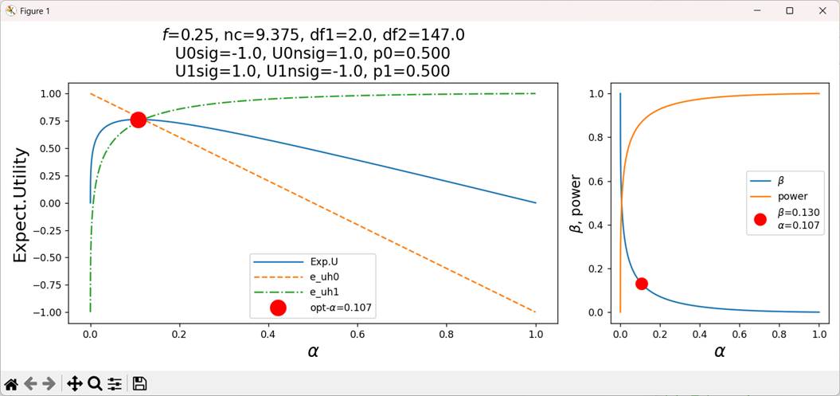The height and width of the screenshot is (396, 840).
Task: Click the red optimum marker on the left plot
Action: (138, 120)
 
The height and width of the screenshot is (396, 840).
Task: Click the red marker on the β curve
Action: (641, 284)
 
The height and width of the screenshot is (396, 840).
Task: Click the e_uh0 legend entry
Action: (326, 276)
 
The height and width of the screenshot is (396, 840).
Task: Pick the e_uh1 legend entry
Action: (326, 292)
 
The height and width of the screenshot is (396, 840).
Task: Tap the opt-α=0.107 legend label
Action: (341, 308)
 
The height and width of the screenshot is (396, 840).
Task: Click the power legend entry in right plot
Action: (791, 196)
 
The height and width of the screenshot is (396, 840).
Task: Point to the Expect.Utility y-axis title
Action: (21, 205)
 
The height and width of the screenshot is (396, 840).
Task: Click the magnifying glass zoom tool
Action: (94, 384)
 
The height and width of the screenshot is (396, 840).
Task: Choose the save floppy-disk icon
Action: (140, 384)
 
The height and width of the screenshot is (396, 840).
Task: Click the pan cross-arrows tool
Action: (74, 384)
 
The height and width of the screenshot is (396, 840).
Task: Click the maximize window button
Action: (789, 10)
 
